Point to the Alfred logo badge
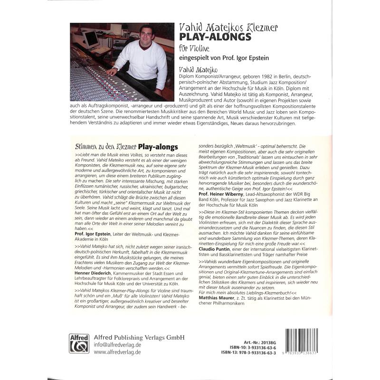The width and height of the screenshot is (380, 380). click(79, 343)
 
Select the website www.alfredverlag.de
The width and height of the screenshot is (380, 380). click(117, 353)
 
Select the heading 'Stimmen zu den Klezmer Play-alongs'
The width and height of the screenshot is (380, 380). click(127, 147)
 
